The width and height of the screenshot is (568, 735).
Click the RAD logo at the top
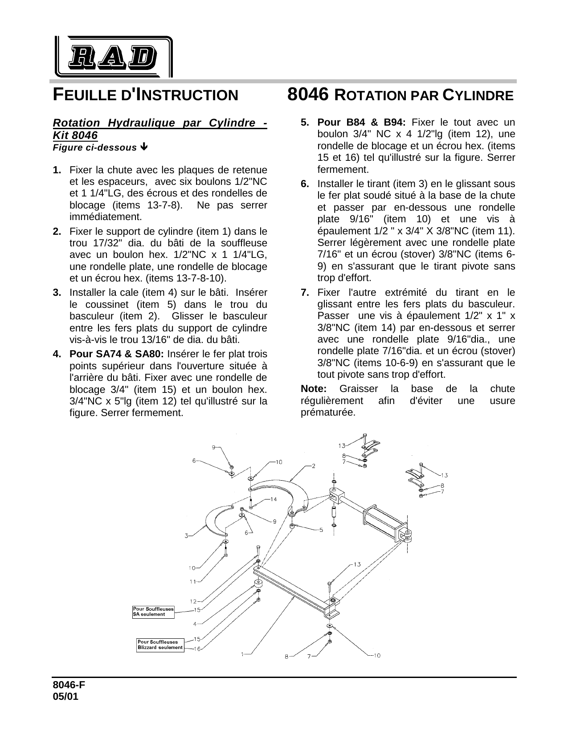click(114, 57)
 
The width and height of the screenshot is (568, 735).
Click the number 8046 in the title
click(308, 95)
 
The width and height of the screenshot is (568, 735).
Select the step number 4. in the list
click(57, 354)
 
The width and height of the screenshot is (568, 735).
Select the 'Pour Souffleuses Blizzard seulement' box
click(160, 645)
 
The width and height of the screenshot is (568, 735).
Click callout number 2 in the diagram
click(313, 466)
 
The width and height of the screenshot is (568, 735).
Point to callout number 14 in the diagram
click(274, 499)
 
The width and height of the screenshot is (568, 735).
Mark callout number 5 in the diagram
click(321, 530)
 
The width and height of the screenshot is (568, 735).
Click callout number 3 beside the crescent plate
click(187, 535)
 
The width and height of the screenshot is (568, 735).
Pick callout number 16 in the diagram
click(196, 649)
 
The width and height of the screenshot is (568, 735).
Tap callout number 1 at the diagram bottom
click(243, 654)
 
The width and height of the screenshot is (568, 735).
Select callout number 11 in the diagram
click(193, 581)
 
